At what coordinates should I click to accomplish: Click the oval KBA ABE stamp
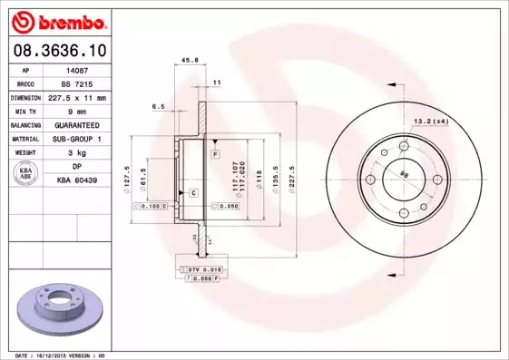click(26, 174)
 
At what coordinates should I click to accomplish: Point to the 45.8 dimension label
click(190, 61)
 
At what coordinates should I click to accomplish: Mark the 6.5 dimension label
click(158, 106)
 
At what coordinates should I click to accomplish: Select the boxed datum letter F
click(215, 156)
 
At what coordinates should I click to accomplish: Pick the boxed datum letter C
click(193, 193)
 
